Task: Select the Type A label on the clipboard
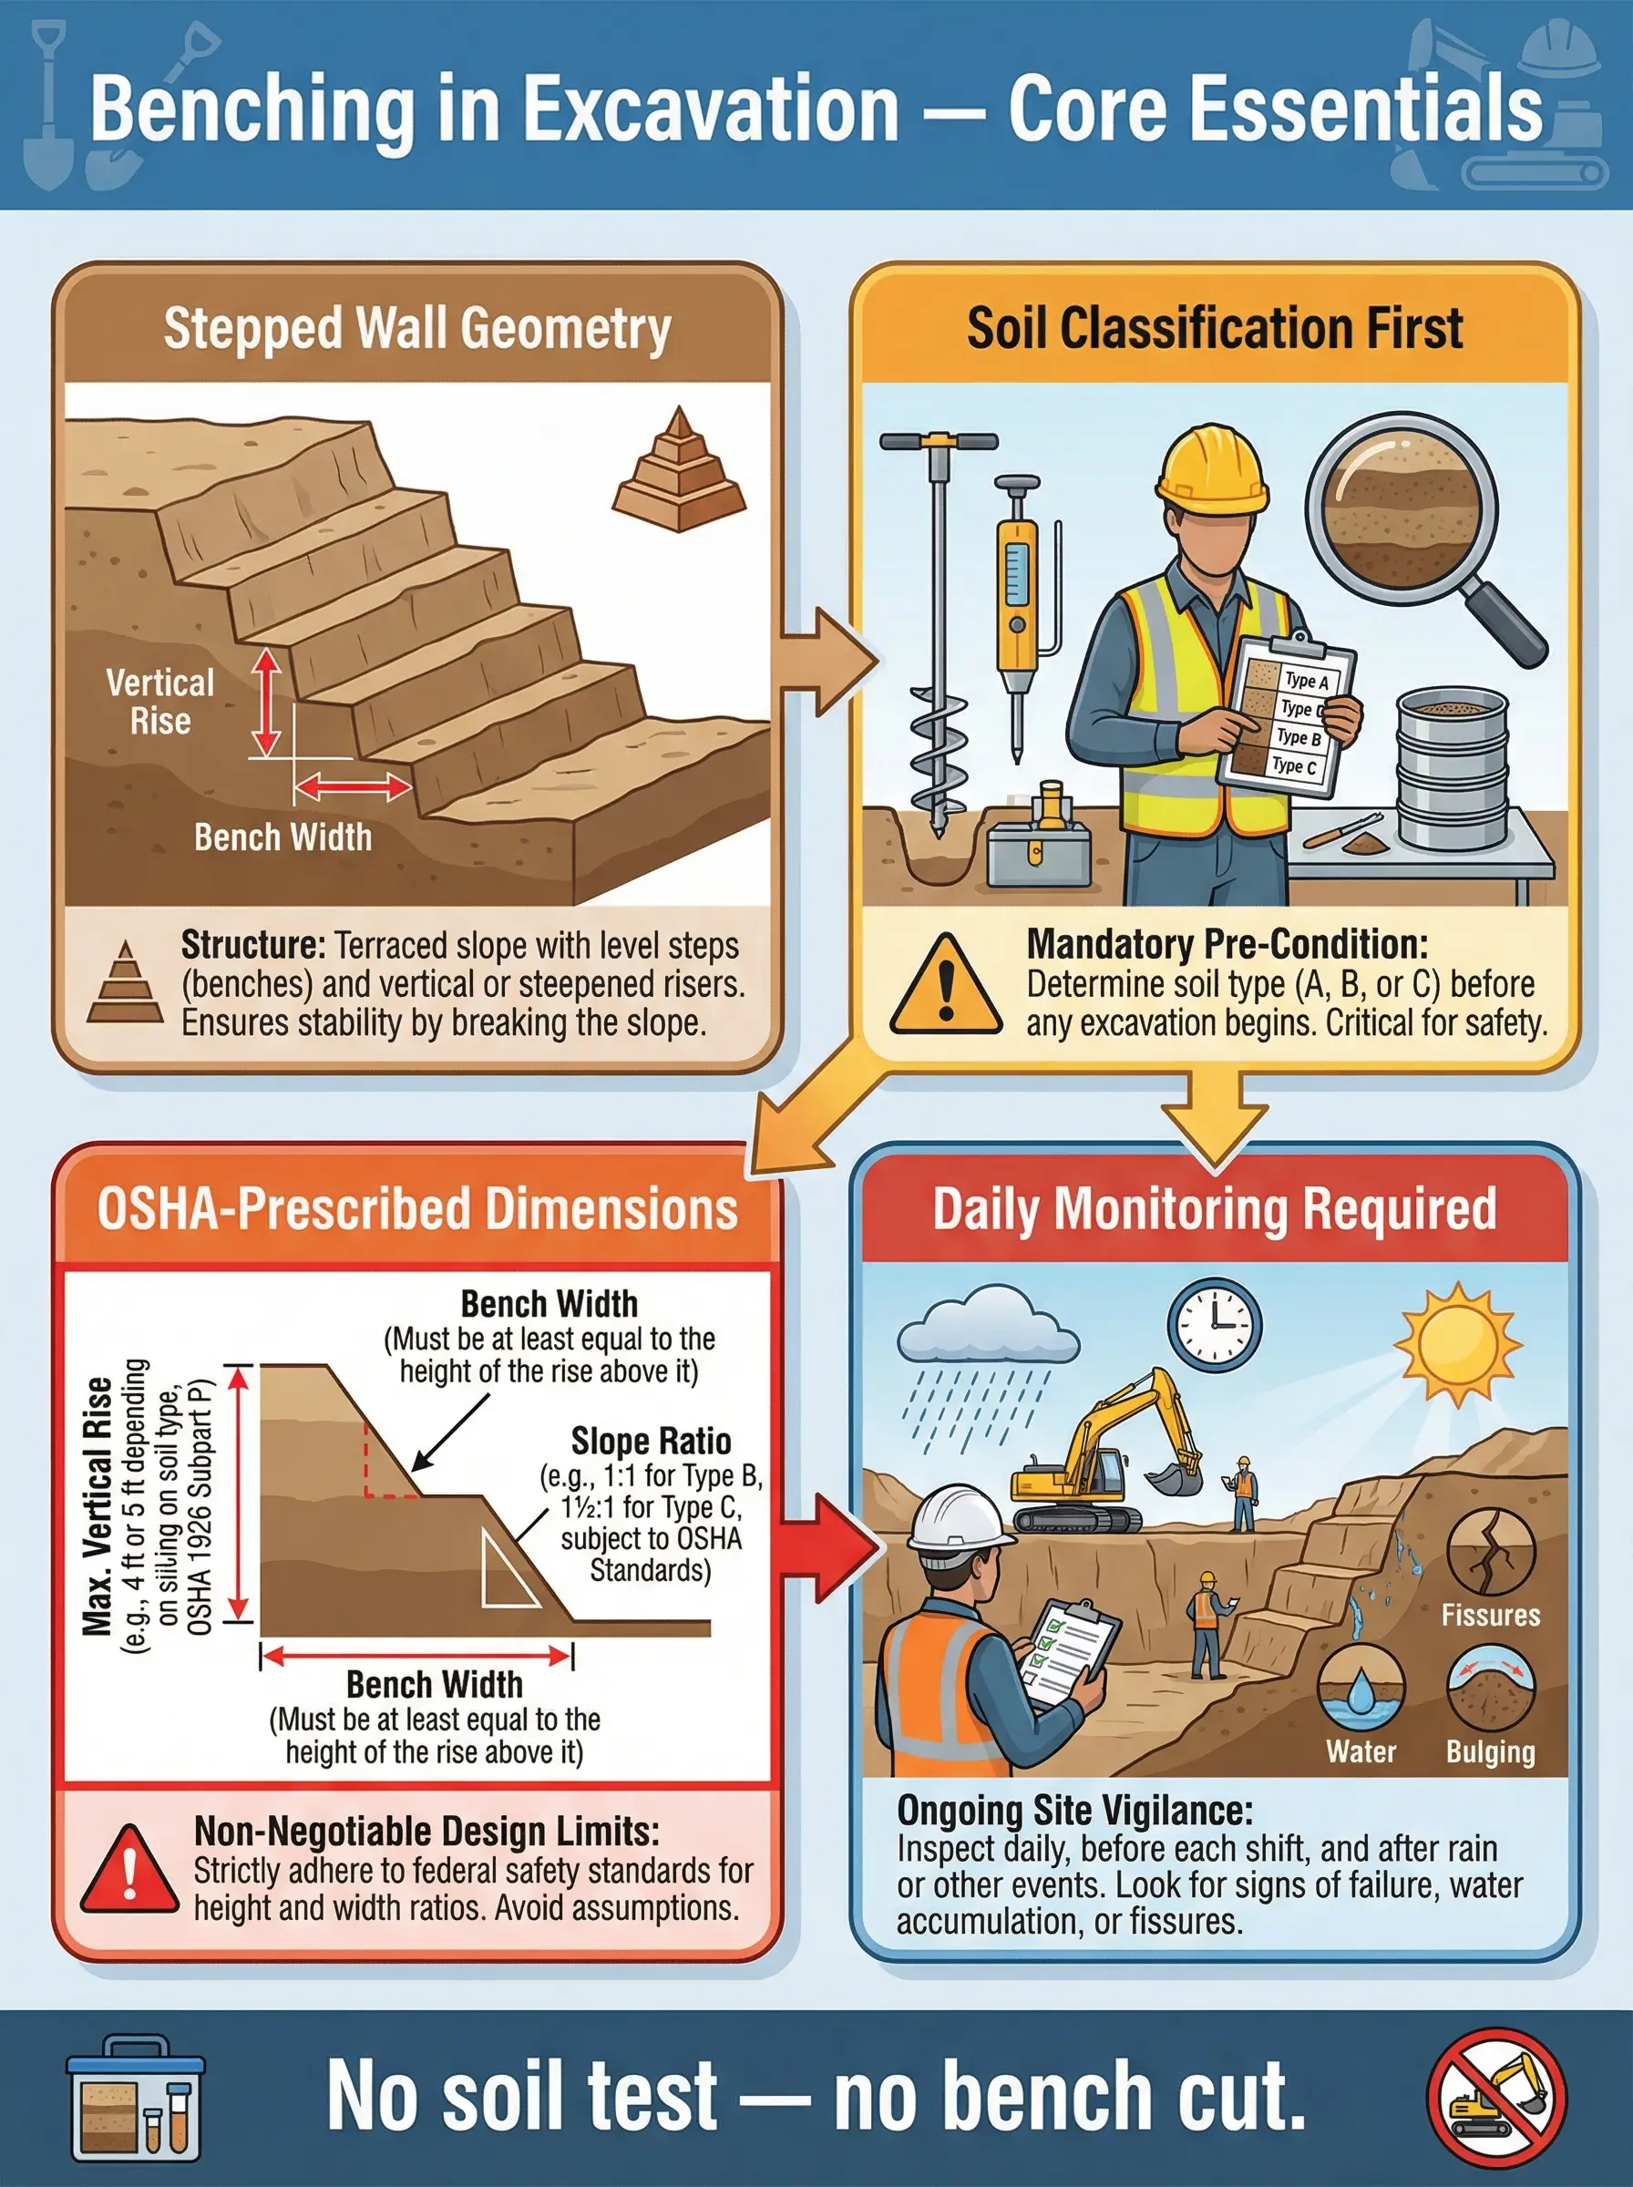click(1306, 680)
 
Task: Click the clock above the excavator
click(1215, 1325)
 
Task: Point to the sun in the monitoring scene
click(1458, 1344)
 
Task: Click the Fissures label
click(1491, 1615)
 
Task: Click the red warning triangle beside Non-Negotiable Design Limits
click(128, 1871)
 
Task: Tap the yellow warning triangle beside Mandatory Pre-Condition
click(945, 985)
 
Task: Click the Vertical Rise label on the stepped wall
click(160, 702)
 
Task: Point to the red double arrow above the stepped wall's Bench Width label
click(353, 787)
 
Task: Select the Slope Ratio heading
click(652, 1441)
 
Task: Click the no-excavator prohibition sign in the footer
click(1496, 2097)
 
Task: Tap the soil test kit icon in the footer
click(136, 2097)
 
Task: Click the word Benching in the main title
click(253, 108)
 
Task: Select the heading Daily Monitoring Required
click(1215, 1208)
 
